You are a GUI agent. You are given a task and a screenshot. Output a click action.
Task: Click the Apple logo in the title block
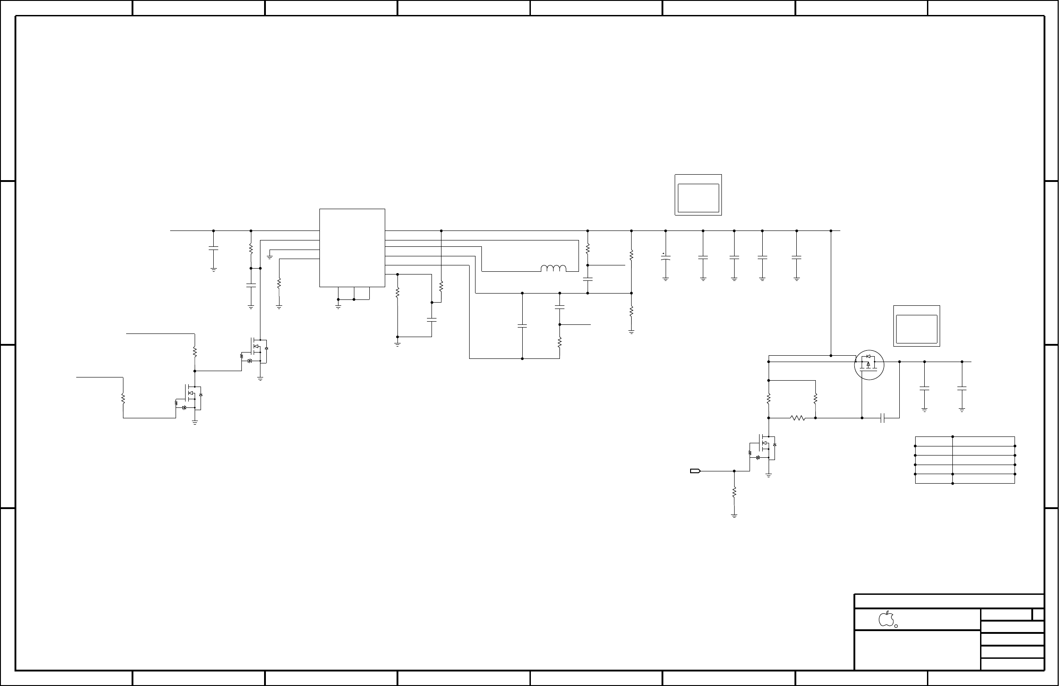click(886, 619)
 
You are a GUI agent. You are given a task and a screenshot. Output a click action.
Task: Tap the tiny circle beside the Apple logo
click(896, 626)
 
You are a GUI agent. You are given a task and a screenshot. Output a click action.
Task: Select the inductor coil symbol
click(554, 269)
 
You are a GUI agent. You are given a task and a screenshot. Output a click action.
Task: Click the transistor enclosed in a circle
click(869, 364)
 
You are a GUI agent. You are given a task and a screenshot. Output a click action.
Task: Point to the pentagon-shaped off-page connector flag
click(695, 471)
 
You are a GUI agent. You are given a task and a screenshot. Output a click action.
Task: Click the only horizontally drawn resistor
click(798, 418)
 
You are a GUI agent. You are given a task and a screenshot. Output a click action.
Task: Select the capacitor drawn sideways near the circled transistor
click(883, 418)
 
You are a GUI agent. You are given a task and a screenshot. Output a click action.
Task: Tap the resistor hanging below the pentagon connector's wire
click(734, 492)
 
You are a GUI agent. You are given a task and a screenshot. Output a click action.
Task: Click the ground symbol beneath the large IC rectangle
click(338, 307)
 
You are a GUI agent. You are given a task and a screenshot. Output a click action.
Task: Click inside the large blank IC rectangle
click(352, 247)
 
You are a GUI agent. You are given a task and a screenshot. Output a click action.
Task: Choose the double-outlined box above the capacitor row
click(698, 195)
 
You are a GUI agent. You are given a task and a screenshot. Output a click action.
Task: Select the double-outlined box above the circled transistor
click(917, 326)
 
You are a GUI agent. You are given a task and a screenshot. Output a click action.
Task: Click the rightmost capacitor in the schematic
click(962, 388)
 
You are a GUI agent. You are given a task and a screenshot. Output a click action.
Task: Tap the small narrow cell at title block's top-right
click(1038, 615)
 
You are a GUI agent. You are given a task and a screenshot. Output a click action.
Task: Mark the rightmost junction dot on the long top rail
click(831, 231)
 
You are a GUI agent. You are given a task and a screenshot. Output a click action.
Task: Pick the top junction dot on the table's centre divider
click(952, 437)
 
